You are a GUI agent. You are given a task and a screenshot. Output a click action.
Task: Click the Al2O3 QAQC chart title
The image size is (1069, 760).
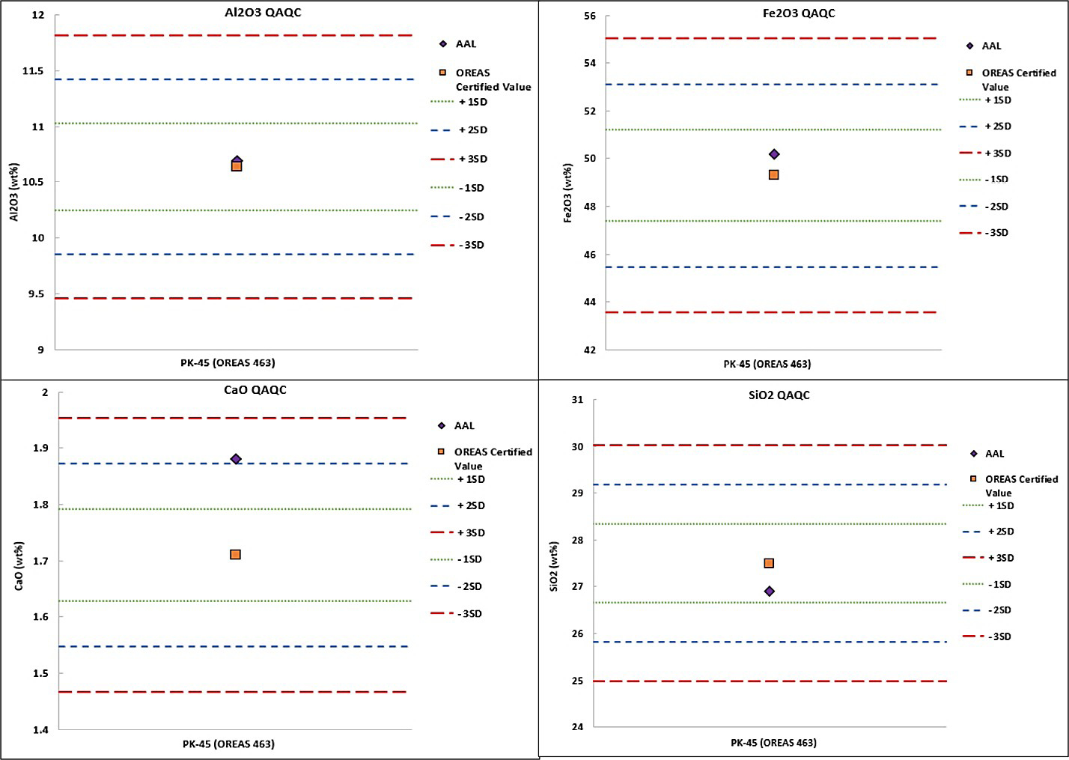263,13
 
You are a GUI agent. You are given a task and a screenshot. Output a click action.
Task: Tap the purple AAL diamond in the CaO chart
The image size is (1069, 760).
235,459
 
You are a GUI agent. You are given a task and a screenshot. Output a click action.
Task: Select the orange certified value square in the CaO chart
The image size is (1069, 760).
235,554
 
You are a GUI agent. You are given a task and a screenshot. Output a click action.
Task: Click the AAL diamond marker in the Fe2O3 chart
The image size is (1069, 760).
774,153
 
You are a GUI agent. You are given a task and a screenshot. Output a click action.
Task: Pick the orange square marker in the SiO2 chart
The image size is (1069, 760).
769,563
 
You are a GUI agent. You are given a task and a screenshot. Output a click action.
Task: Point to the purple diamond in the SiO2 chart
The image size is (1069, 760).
770,591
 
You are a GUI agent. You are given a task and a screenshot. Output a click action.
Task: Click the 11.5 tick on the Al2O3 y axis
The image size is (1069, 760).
32,71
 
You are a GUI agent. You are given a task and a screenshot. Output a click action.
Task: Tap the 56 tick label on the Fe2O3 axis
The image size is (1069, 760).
590,16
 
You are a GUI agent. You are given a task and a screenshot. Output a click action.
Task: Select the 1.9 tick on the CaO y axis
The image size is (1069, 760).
41,448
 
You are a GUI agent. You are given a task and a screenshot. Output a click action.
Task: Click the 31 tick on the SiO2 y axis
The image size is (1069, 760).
577,400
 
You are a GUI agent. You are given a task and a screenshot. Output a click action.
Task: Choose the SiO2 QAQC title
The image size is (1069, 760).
779,395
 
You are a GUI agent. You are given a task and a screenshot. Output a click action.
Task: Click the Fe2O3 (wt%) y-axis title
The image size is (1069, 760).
568,193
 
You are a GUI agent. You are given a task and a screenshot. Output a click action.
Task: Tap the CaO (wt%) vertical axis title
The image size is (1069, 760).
19,566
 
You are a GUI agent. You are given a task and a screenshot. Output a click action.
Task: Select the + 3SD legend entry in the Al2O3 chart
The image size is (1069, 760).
459,159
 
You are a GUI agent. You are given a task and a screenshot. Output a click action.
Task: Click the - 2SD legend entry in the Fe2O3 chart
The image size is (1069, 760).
984,207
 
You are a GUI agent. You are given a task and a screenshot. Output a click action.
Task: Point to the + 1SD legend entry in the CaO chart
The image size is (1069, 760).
457,479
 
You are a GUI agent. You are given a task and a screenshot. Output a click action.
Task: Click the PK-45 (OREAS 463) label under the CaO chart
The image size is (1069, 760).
228,744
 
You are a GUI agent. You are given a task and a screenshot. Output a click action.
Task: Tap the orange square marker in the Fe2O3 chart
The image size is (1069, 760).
773,174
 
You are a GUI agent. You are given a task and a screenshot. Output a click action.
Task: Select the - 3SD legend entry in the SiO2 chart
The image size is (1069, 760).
987,636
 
